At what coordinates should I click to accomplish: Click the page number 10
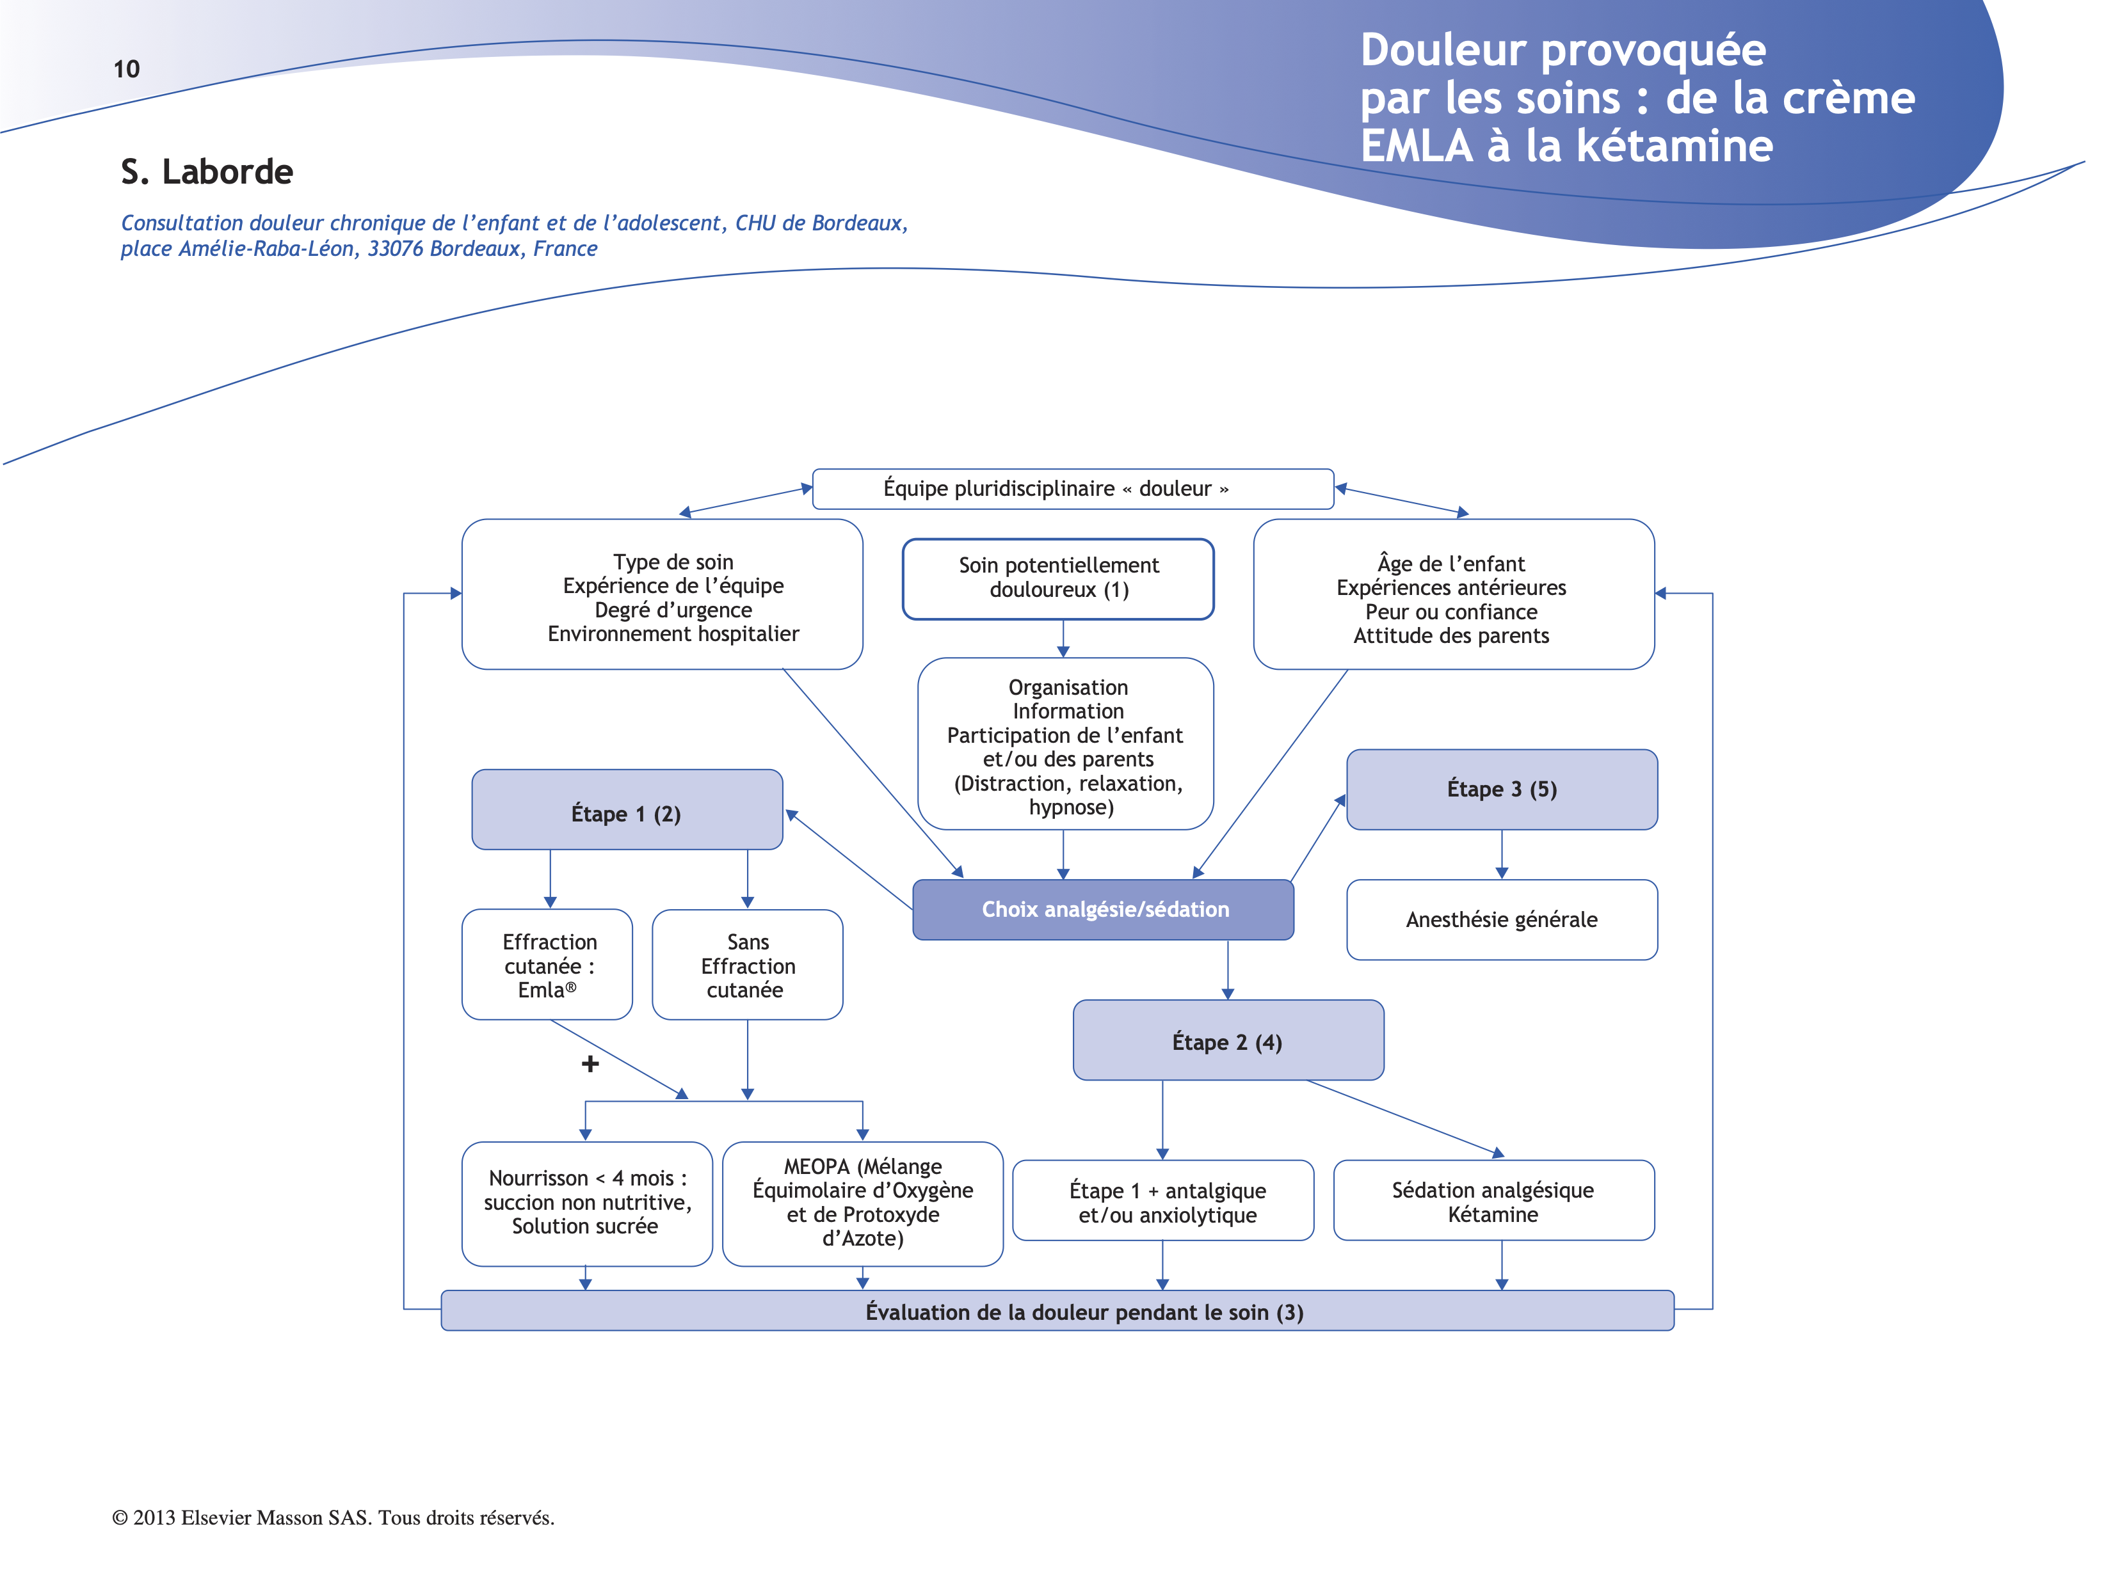point(126,68)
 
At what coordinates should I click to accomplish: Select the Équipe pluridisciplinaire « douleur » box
point(1072,489)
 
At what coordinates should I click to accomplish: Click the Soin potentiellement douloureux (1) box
point(1058,578)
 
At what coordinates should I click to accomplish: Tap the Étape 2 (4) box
point(1228,1041)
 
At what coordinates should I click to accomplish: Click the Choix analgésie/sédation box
point(1104,909)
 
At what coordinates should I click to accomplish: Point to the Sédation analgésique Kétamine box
point(1493,1201)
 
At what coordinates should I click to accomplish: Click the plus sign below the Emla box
point(590,1064)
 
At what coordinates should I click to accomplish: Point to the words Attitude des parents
point(1451,636)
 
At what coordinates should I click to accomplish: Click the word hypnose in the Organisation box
point(1069,808)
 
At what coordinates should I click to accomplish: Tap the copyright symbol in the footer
point(120,1518)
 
